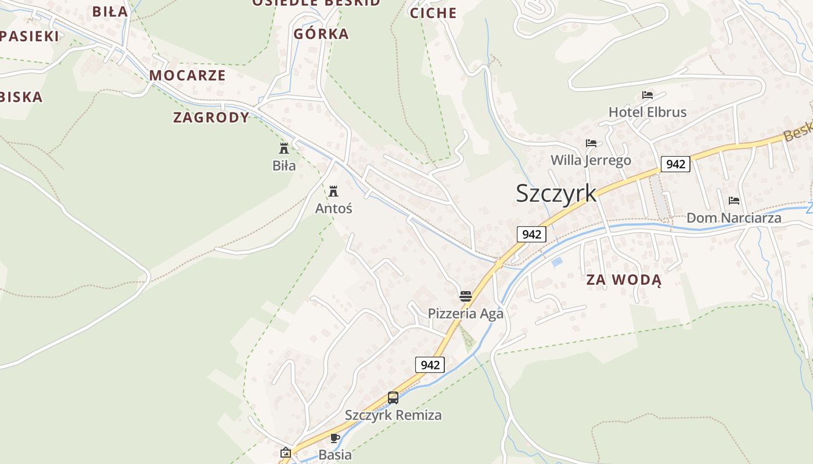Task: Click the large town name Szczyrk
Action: click(x=556, y=193)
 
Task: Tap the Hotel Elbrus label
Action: click(x=647, y=112)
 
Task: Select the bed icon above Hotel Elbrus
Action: click(x=647, y=95)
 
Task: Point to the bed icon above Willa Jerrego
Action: click(x=591, y=143)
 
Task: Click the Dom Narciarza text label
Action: click(x=733, y=218)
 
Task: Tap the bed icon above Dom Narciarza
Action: click(x=734, y=201)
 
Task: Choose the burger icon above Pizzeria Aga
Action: click(x=465, y=296)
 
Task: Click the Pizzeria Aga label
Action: click(x=465, y=313)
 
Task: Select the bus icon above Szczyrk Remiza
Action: click(x=393, y=398)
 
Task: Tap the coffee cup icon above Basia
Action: click(x=334, y=438)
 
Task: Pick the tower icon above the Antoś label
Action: click(x=333, y=191)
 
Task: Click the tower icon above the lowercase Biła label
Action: click(x=284, y=148)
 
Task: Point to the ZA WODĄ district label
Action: click(x=624, y=280)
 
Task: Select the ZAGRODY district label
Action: click(x=211, y=118)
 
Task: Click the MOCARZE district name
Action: click(x=187, y=75)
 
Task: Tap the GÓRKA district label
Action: click(x=321, y=34)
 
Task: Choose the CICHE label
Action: click(x=433, y=13)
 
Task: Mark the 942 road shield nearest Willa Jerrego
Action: click(x=675, y=164)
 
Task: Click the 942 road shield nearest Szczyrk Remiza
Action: click(x=430, y=365)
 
